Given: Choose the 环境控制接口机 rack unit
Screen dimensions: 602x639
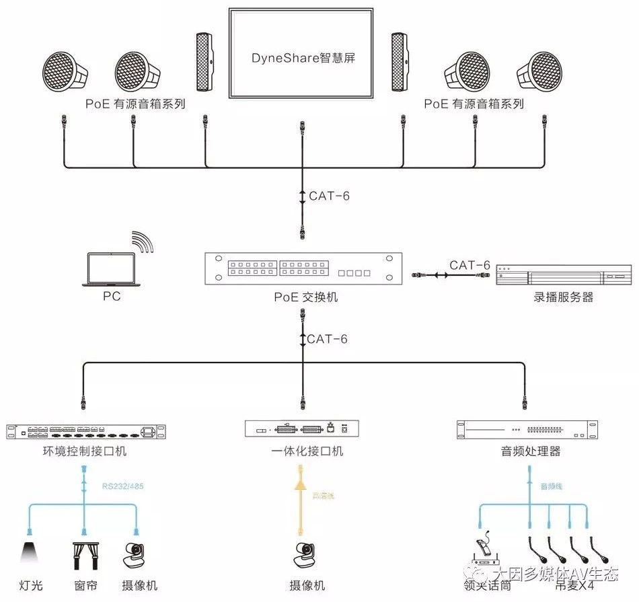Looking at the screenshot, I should (x=86, y=430).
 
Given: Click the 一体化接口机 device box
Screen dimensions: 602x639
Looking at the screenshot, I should (x=301, y=428).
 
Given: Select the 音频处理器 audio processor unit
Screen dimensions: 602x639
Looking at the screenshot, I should (x=526, y=430).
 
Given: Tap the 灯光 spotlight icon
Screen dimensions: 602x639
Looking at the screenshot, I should (x=30, y=553).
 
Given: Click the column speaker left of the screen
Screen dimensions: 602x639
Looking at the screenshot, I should (x=203, y=62).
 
